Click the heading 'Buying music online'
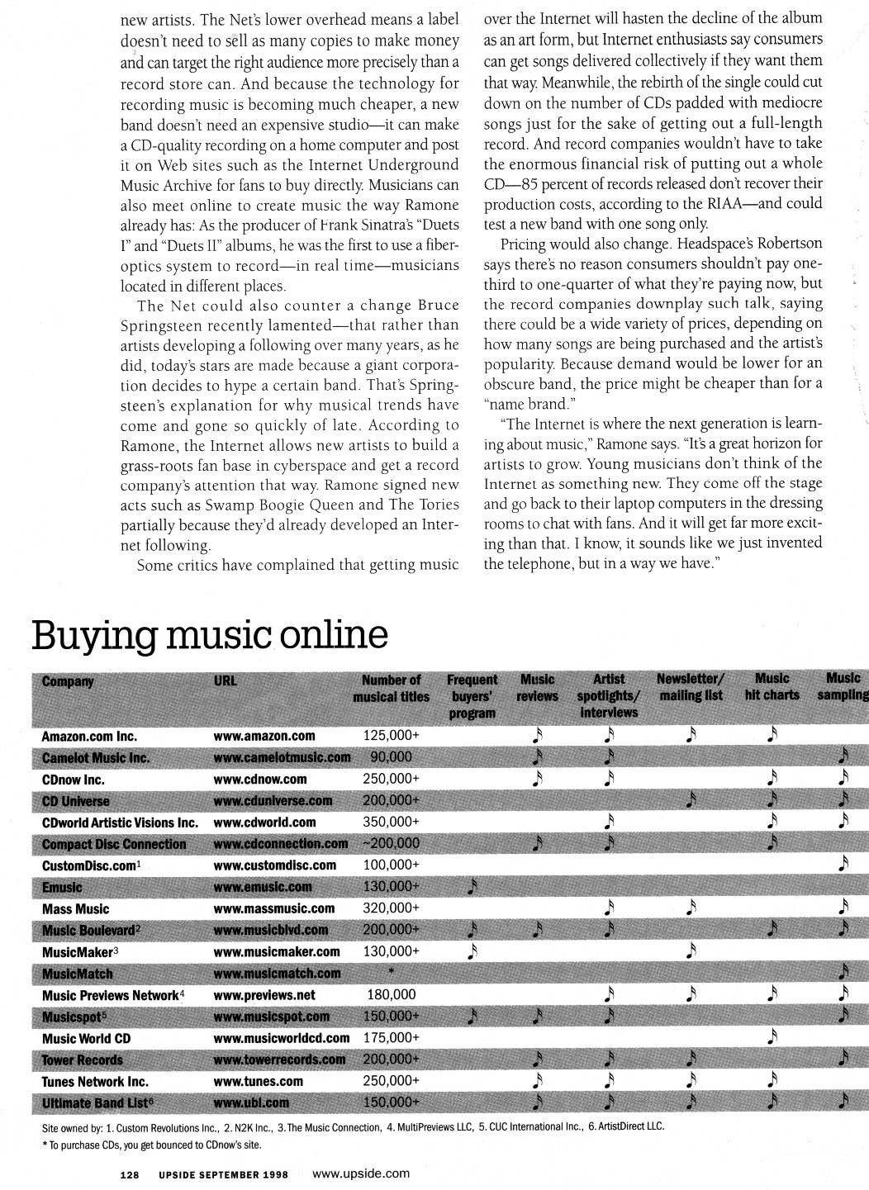(x=209, y=635)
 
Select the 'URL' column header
(x=225, y=681)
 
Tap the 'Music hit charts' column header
(x=772, y=687)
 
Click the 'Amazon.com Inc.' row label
(x=89, y=736)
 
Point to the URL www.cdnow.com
(x=259, y=779)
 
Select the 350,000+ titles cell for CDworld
(x=391, y=822)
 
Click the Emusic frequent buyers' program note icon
(x=472, y=886)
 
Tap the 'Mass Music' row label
(x=75, y=908)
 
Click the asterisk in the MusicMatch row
(x=391, y=973)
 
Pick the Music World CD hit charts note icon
(x=772, y=1036)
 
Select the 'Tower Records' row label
(x=82, y=1060)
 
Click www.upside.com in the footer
(x=362, y=1173)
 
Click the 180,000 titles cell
(x=391, y=995)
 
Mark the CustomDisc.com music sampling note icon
(x=842, y=864)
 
